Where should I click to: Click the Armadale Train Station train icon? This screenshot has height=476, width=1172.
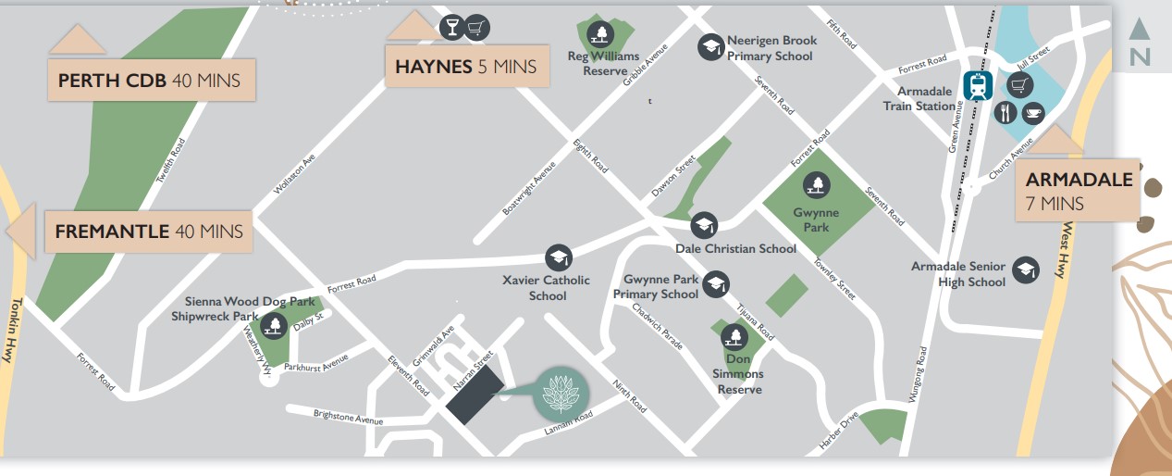(978, 85)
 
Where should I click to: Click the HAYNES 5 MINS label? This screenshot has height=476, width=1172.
(465, 67)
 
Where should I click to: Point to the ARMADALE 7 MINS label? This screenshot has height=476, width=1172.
(1079, 190)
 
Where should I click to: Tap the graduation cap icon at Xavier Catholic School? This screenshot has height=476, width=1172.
(558, 257)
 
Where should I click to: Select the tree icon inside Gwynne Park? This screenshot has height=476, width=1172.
(816, 185)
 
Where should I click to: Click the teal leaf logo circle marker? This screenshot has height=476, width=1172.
(560, 395)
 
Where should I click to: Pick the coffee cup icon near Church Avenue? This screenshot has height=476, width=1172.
(1033, 113)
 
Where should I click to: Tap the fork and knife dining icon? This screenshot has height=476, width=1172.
(1005, 113)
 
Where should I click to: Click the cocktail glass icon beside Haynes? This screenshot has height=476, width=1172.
(452, 27)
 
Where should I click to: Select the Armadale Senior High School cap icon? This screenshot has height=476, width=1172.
(1025, 269)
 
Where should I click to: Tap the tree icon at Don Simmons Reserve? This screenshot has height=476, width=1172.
(735, 336)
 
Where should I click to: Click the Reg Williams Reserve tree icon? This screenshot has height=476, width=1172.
(602, 34)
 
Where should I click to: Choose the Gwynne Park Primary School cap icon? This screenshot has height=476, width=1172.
(716, 284)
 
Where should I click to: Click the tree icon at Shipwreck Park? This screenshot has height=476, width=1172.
(274, 325)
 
